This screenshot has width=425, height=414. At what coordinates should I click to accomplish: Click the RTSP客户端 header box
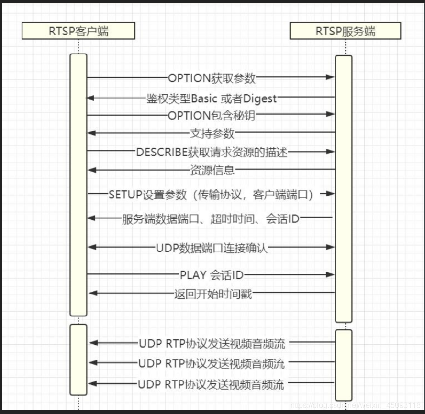click(78, 32)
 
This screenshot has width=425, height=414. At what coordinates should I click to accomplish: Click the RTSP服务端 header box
click(345, 32)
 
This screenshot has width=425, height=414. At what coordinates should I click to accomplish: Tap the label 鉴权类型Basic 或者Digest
click(212, 98)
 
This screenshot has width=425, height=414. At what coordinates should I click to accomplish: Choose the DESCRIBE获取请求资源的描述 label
click(212, 152)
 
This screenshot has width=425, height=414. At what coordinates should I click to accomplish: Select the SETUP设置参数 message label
click(211, 194)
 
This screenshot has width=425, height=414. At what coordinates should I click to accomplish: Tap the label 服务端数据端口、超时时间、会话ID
click(211, 219)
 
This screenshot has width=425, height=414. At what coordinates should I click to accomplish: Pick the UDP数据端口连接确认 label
click(212, 248)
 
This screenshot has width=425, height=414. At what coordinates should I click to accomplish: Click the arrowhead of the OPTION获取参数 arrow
click(330, 77)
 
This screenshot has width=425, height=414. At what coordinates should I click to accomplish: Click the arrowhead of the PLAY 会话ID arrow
click(330, 275)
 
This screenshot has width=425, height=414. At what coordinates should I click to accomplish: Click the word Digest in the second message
click(259, 98)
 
